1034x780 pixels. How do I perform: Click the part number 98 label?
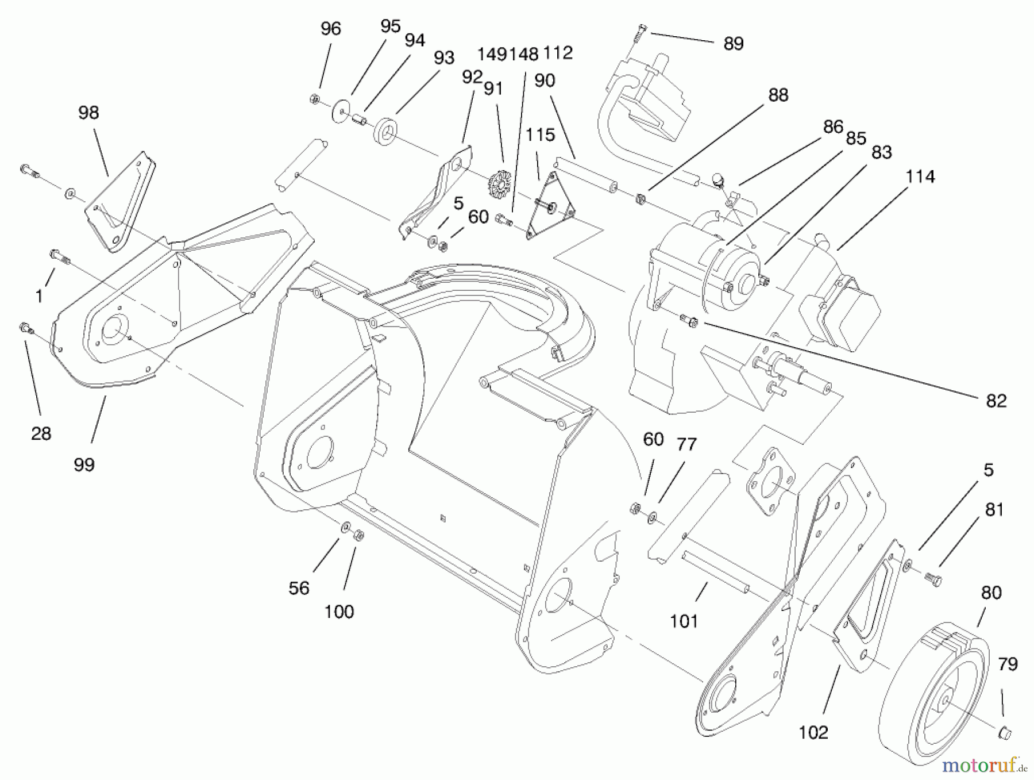click(x=88, y=113)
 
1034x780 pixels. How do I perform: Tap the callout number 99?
click(x=84, y=464)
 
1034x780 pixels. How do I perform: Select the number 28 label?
click(x=41, y=433)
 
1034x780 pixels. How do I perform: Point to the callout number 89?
click(x=734, y=44)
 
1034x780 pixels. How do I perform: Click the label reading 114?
click(x=920, y=176)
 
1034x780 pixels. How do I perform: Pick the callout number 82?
click(x=996, y=401)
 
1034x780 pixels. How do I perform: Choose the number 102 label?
click(x=813, y=732)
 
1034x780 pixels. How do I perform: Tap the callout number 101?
click(x=684, y=621)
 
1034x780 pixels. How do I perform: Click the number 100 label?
click(x=339, y=612)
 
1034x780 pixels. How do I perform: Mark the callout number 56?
click(x=299, y=588)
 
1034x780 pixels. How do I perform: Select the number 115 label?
click(x=540, y=135)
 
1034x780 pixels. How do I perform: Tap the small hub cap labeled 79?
click(x=1004, y=732)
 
